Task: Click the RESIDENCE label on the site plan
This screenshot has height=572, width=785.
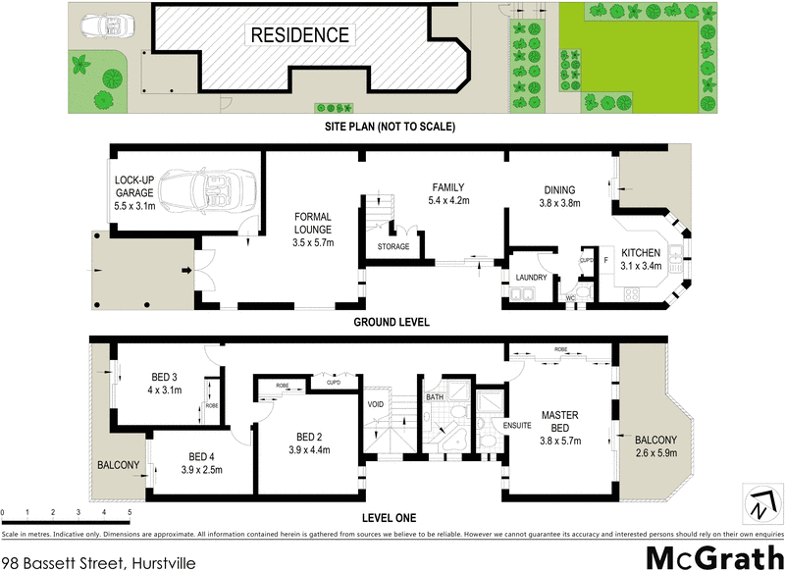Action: click(300, 35)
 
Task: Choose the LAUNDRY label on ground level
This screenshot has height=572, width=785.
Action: click(530, 278)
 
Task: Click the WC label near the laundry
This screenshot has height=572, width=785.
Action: click(569, 296)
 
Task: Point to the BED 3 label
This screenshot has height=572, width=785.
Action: click(164, 384)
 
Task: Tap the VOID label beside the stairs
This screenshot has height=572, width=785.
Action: click(375, 403)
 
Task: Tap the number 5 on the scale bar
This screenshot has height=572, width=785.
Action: click(129, 512)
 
